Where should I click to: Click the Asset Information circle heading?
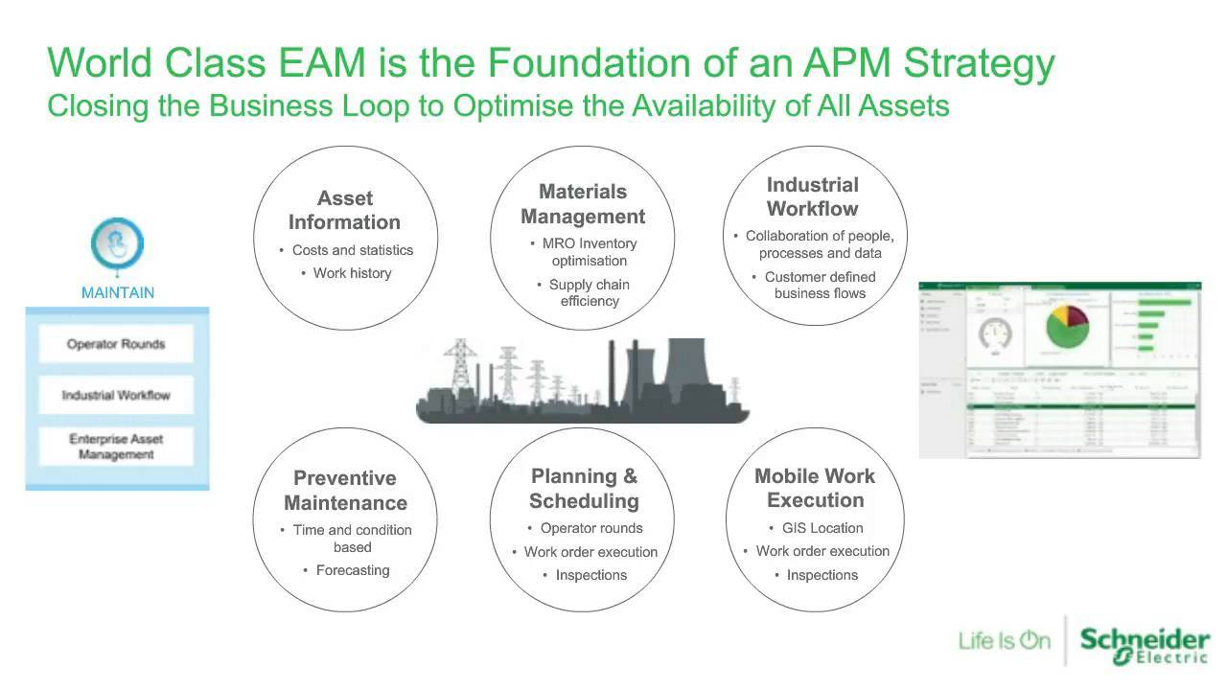344,211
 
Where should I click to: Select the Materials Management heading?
583,204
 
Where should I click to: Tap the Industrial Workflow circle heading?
813,196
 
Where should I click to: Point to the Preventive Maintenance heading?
345,491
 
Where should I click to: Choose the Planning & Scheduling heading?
584,489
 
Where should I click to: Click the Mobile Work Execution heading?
815,488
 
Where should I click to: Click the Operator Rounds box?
116,344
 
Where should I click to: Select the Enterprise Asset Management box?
116,447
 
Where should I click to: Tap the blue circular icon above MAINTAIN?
117,243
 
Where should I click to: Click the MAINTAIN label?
117,292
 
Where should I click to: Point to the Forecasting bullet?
353,570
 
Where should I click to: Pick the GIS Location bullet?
822,528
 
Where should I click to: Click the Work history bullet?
352,273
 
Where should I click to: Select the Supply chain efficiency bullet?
589,292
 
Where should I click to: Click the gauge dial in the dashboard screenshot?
994,334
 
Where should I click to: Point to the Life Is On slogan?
1005,640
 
